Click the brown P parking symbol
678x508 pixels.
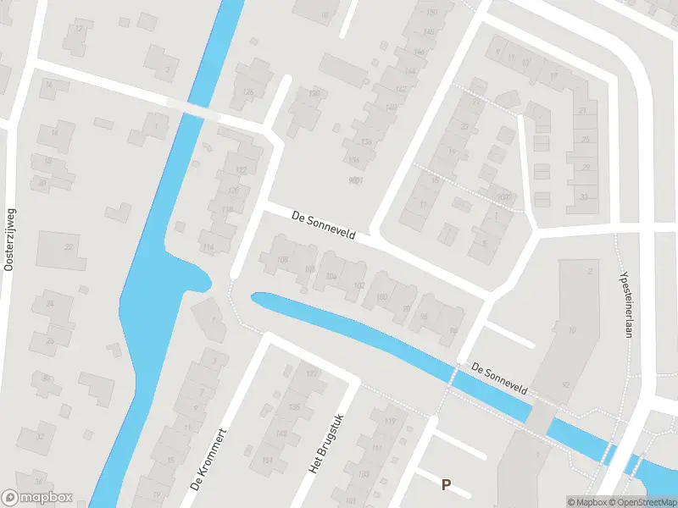pos(446,484)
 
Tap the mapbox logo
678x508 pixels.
pos(37,498)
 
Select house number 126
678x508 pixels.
pos(247,92)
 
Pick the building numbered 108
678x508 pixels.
pos(283,259)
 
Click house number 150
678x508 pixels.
pos(431,12)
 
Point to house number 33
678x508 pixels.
pos(583,197)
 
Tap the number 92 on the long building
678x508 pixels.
pos(565,384)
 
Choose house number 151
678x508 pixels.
pos(268,461)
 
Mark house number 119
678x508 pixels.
pos(390,421)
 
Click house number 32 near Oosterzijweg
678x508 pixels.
pos(39,437)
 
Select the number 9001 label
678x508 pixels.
pos(356,179)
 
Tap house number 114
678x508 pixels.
pos(208,246)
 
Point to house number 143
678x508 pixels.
pos(281,433)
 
